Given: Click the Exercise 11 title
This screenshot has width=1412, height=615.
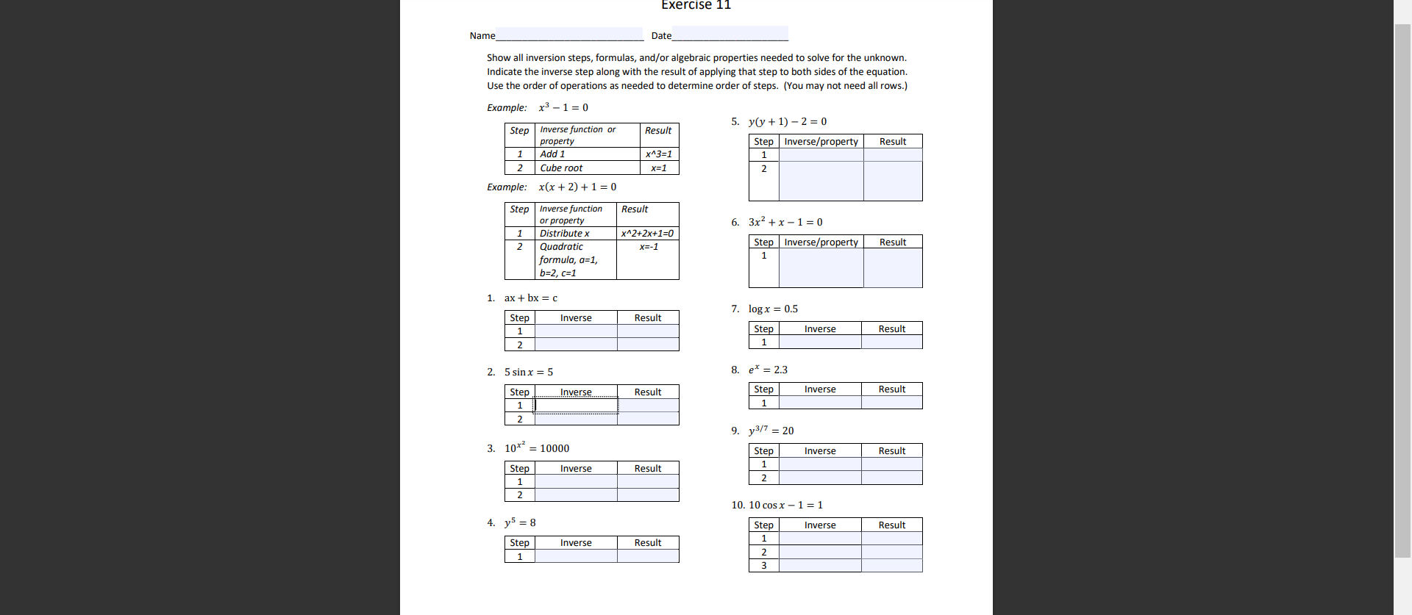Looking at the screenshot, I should pos(696,5).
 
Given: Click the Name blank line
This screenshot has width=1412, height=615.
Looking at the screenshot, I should pos(569,35).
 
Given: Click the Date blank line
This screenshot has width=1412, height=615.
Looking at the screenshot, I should pos(730,35).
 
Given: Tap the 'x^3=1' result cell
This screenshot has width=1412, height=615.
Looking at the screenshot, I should pos(658,154).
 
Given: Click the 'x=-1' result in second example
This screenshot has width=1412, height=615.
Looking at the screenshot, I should pos(648,247).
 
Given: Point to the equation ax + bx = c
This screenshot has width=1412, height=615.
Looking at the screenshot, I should pos(530,298).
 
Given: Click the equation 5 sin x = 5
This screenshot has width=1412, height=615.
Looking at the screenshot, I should pos(528,373).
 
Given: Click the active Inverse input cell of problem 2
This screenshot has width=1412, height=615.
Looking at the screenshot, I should pos(576,406).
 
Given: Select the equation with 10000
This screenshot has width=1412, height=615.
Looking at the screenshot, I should pos(537,448).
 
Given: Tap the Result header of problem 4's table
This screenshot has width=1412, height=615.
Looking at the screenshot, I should pos(647,543).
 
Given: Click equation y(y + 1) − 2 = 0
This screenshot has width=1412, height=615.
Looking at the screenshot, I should pos(787,122).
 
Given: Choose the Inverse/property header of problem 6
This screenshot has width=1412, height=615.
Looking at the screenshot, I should pos(821,242).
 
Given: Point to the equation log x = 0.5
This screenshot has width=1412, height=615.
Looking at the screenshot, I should pos(773,309).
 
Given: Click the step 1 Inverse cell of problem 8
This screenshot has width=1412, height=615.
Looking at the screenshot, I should pos(819,403).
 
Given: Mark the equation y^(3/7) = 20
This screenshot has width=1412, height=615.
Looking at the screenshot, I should pos(771,431).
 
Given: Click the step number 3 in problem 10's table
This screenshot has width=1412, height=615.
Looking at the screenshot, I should pos(763,566).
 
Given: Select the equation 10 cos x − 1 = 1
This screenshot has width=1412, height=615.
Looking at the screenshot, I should pos(785,506).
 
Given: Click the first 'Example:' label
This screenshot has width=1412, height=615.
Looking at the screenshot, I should pos(507,108).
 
